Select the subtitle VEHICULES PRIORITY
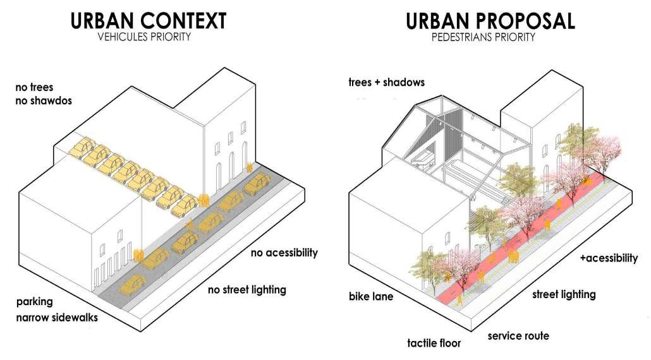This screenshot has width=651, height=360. click(144, 37)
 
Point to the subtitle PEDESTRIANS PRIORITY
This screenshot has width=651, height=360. click(484, 37)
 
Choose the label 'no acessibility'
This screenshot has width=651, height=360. click(284, 253)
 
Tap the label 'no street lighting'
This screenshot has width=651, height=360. click(247, 290)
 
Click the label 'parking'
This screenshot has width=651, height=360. click(35, 301)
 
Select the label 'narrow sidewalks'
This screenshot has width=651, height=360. click(58, 317)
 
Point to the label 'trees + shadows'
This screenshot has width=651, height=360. click(386, 82)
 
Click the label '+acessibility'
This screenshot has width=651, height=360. click(609, 258)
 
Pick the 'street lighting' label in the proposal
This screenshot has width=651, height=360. click(564, 294)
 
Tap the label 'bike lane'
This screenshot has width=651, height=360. click(371, 296)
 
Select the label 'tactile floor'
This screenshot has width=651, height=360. click(434, 344)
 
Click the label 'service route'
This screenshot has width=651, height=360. click(518, 335)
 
